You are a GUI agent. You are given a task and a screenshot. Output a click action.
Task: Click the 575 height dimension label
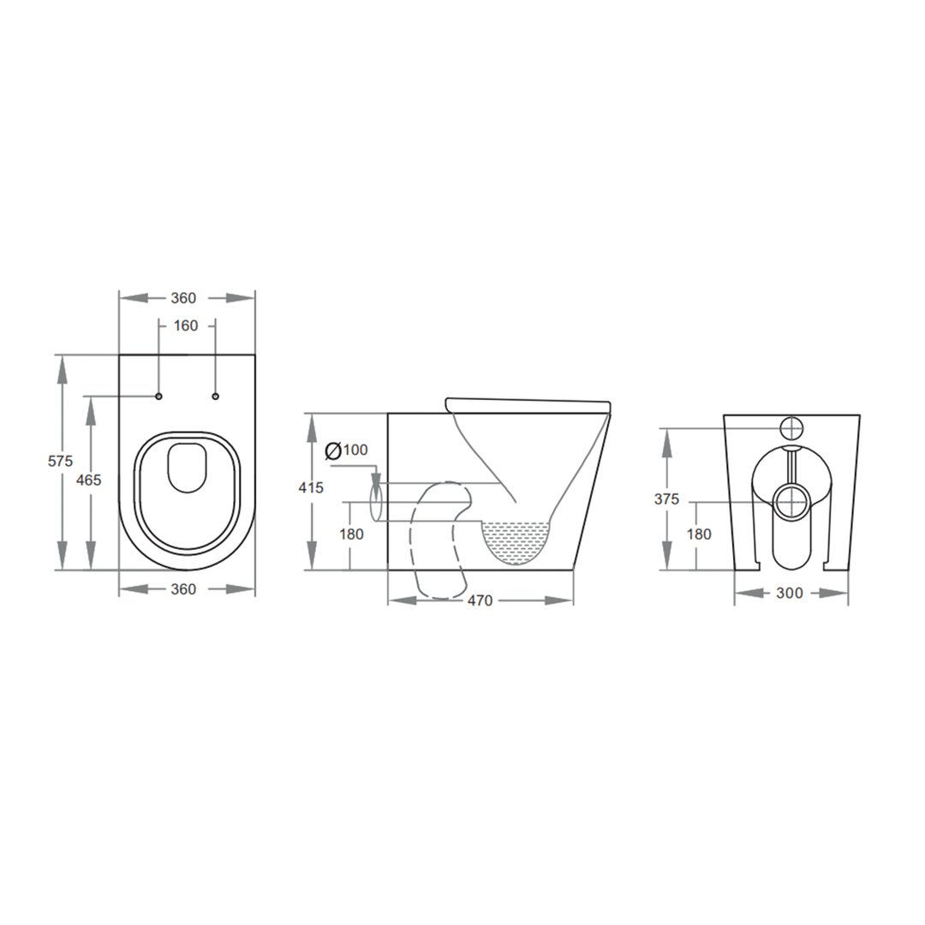pyautogui.click(x=60, y=461)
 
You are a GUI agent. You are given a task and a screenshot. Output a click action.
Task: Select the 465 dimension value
pyautogui.click(x=89, y=480)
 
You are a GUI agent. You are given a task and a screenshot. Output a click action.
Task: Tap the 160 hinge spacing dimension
pyautogui.click(x=186, y=325)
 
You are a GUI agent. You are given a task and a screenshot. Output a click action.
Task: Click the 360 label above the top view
pyautogui.click(x=184, y=298)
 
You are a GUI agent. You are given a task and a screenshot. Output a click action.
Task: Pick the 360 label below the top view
pyautogui.click(x=184, y=589)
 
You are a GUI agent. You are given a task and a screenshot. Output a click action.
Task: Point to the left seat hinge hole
pyautogui.click(x=159, y=396)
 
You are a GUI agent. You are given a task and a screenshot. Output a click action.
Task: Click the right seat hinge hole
pyautogui.click(x=215, y=396)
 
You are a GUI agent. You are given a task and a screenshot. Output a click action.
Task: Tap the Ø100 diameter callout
pyautogui.click(x=347, y=450)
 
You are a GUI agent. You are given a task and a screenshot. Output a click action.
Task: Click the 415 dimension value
pyautogui.click(x=311, y=488)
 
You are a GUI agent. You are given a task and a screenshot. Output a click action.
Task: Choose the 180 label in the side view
pyautogui.click(x=351, y=534)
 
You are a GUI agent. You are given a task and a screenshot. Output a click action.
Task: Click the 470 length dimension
pyautogui.click(x=480, y=600)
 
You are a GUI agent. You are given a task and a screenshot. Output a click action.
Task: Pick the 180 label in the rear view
pyautogui.click(x=699, y=534)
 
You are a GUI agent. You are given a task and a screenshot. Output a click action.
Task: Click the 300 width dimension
pyautogui.click(x=791, y=593)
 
